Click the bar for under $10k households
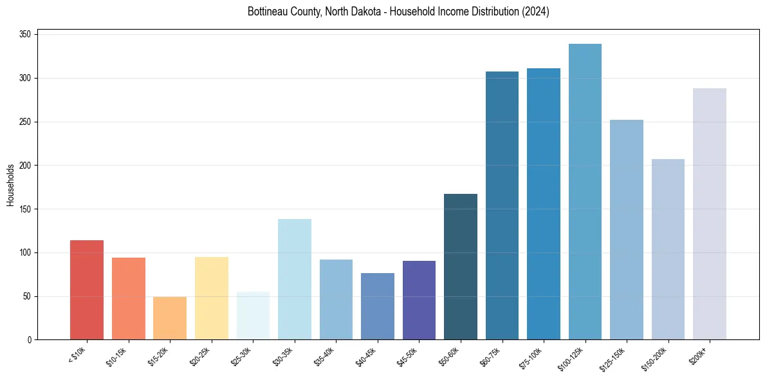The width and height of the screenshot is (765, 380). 87,290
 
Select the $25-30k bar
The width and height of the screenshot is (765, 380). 253,316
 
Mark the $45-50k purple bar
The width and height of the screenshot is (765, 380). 419,300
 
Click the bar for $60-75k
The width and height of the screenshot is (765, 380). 502,205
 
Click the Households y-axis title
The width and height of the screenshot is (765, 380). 11,185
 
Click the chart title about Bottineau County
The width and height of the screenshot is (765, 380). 398,12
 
